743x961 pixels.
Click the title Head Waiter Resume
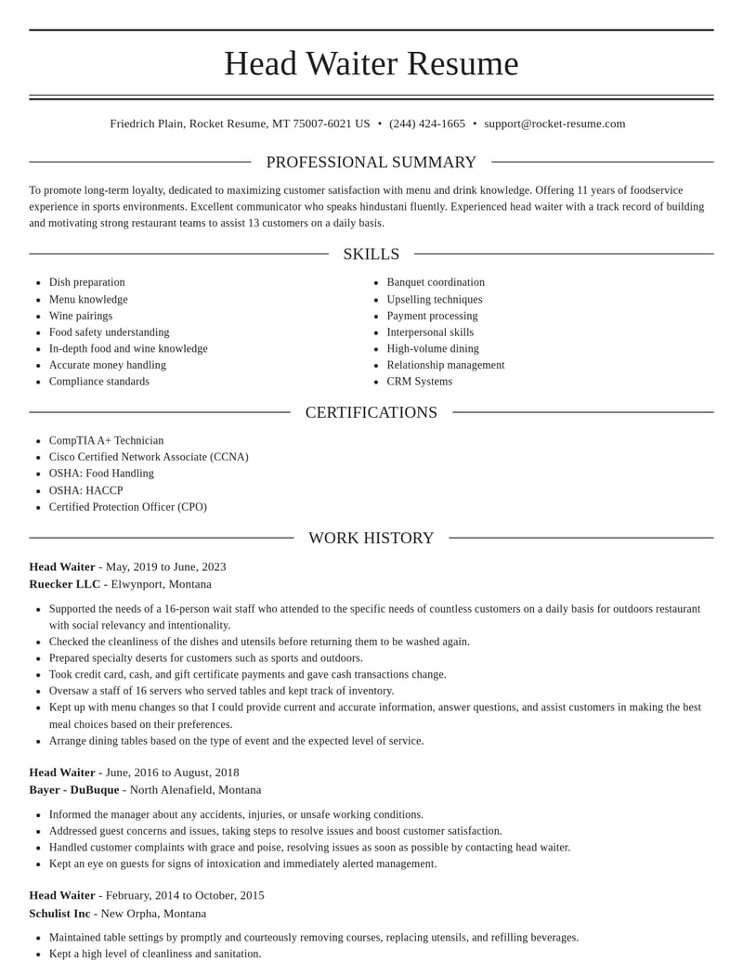371,63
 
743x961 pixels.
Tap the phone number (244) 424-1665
427,123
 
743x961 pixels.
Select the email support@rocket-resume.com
554,123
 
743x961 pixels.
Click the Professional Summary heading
371,162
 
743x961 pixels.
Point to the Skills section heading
371,254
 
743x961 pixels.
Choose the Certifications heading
371,412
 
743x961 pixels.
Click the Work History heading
371,539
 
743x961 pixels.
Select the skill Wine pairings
81,316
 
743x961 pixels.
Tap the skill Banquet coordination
436,282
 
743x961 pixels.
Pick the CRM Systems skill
420,382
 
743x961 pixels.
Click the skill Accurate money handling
108,365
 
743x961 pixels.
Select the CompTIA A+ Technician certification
106,441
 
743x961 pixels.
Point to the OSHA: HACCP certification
85,490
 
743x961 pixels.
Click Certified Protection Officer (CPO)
128,507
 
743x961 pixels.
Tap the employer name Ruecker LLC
65,584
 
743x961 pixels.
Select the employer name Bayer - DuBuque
74,790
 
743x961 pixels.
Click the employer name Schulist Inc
59,914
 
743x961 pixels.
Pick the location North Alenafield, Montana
196,790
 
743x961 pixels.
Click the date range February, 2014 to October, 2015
185,896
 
